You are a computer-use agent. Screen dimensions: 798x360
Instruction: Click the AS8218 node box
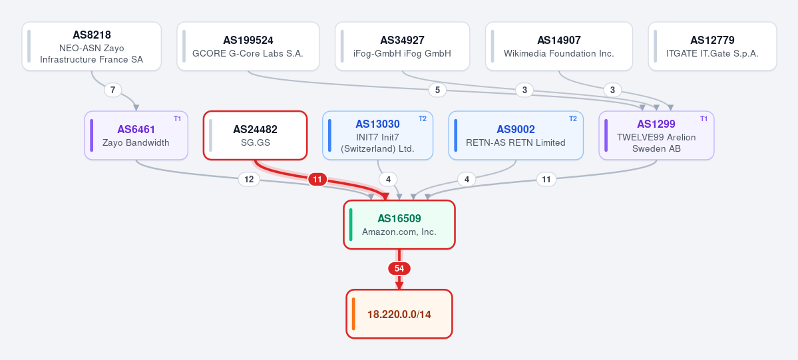click(92, 47)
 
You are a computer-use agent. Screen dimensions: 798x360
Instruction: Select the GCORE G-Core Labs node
click(248, 47)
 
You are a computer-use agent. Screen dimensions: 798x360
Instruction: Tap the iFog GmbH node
click(402, 47)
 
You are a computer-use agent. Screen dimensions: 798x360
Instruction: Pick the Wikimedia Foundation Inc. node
click(559, 47)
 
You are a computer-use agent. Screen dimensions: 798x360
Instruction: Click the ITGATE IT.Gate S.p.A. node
click(713, 47)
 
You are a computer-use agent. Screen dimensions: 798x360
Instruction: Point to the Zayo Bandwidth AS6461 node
click(136, 136)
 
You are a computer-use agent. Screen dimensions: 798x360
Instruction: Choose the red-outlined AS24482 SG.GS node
click(256, 136)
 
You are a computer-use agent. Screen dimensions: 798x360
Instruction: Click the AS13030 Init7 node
click(377, 136)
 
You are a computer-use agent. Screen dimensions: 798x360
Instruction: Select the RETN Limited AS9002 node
click(516, 136)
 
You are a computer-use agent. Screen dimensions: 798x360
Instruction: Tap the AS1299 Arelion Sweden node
click(656, 136)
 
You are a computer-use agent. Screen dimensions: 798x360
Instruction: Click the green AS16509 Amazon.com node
click(399, 224)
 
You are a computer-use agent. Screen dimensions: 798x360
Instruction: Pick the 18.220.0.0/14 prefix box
click(399, 314)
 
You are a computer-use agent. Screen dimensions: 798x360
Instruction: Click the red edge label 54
click(399, 268)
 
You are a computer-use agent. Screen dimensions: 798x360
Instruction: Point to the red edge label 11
click(317, 179)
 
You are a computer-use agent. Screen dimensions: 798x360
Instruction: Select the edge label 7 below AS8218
click(113, 90)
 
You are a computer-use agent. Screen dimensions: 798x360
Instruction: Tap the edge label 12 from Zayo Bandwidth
click(249, 179)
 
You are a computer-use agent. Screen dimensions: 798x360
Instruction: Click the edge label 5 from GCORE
click(437, 90)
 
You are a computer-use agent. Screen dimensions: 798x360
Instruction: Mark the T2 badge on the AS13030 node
click(423, 118)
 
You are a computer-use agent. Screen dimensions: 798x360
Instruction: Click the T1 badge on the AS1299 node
click(704, 118)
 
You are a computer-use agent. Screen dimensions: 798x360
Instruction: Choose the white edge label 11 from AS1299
click(546, 179)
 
